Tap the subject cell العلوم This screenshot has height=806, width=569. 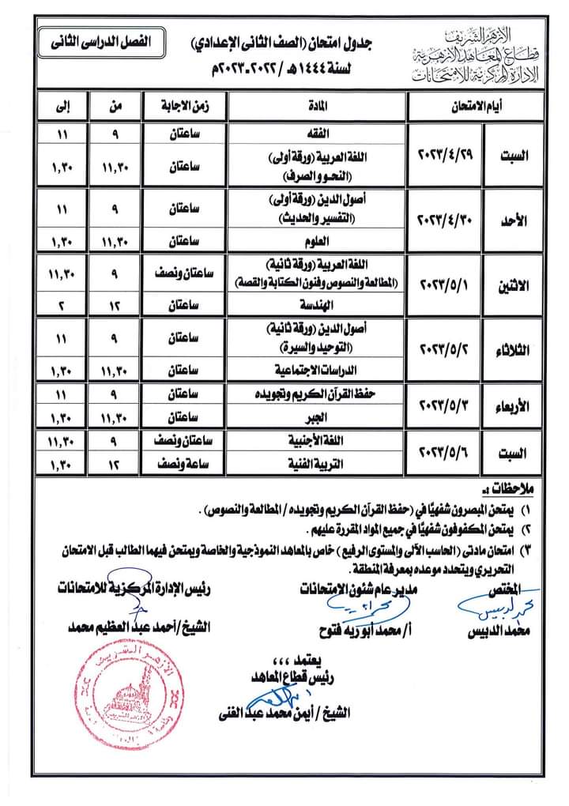pos(316,242)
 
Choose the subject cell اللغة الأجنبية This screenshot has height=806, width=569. pos(316,443)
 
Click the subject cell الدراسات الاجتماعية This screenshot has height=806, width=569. pos(316,369)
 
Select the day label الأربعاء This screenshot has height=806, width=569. pos(515,405)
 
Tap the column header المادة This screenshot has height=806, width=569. pos(316,104)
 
